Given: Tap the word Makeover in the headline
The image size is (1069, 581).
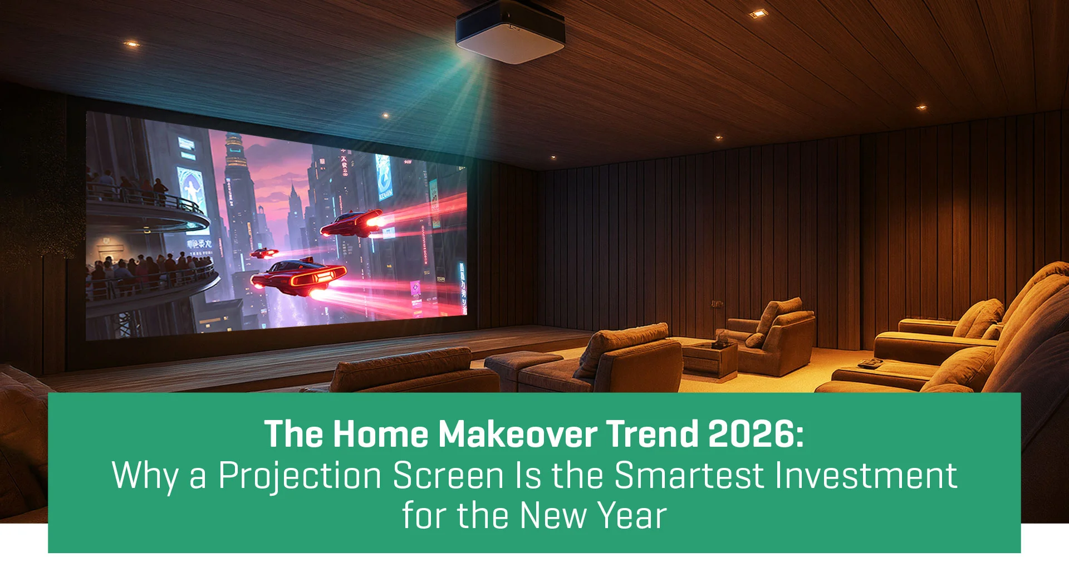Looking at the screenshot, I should pyautogui.click(x=517, y=434).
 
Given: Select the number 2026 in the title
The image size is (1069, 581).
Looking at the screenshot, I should pyautogui.click(x=756, y=434).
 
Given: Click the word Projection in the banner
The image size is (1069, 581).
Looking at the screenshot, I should pyautogui.click(x=300, y=476).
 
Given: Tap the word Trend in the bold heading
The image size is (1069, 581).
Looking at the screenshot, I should pyautogui.click(x=651, y=434).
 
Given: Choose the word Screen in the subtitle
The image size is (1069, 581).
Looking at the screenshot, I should pyautogui.click(x=448, y=476).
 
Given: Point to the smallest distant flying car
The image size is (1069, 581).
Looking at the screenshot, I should pyautogui.click(x=264, y=253).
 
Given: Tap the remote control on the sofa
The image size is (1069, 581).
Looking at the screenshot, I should pyautogui.click(x=869, y=364).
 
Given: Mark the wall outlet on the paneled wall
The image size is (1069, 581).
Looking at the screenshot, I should pyautogui.click(x=717, y=304).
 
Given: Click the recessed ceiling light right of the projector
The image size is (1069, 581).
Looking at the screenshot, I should pyautogui.click(x=758, y=13).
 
